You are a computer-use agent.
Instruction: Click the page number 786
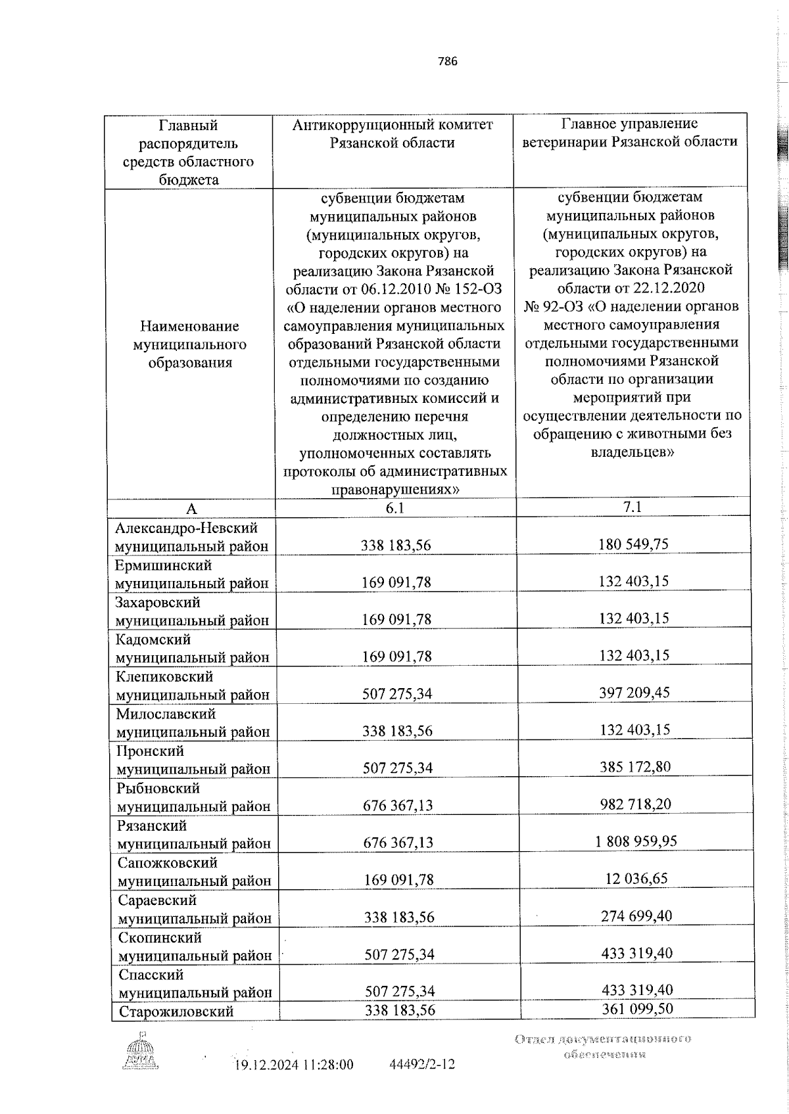(447, 62)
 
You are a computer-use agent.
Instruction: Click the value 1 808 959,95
(636, 841)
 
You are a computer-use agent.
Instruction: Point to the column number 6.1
(395, 508)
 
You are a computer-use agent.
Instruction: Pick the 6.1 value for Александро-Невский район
(396, 545)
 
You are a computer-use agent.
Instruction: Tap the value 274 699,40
(636, 916)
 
